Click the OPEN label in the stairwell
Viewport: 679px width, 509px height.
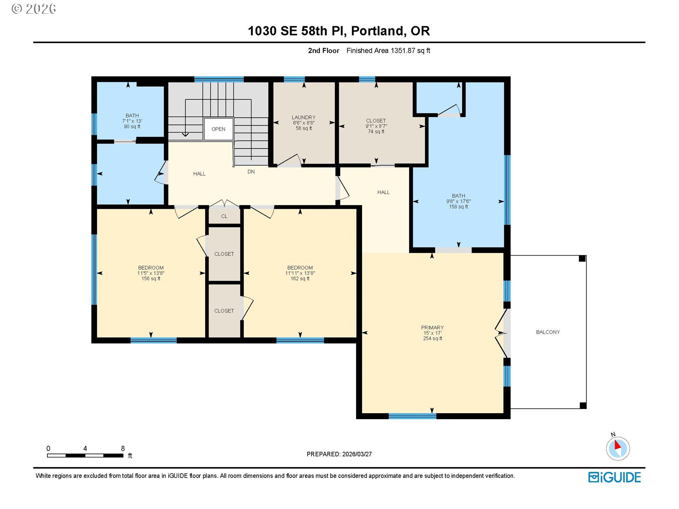pos(218,129)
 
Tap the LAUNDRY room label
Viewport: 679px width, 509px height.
pos(303,117)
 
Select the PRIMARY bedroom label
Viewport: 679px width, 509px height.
pos(432,328)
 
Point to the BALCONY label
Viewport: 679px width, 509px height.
pos(548,332)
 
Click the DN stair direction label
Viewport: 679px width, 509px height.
pos(251,172)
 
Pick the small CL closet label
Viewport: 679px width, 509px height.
pos(224,216)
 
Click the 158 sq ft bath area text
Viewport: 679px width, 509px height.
pos(458,207)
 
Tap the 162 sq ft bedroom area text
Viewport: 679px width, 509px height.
pos(300,279)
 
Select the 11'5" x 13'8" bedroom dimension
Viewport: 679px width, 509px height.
pos(151,273)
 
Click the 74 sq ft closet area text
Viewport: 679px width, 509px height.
pos(376,131)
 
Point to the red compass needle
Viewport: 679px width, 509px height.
pos(617,445)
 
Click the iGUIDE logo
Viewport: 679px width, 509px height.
pos(615,477)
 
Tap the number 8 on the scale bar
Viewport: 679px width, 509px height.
pos(123,448)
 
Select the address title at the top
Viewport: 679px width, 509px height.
pos(339,31)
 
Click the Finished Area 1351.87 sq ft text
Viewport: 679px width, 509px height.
pos(388,51)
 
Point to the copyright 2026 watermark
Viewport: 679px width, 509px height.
pos(34,9)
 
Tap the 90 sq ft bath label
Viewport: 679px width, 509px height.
pos(132,127)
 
